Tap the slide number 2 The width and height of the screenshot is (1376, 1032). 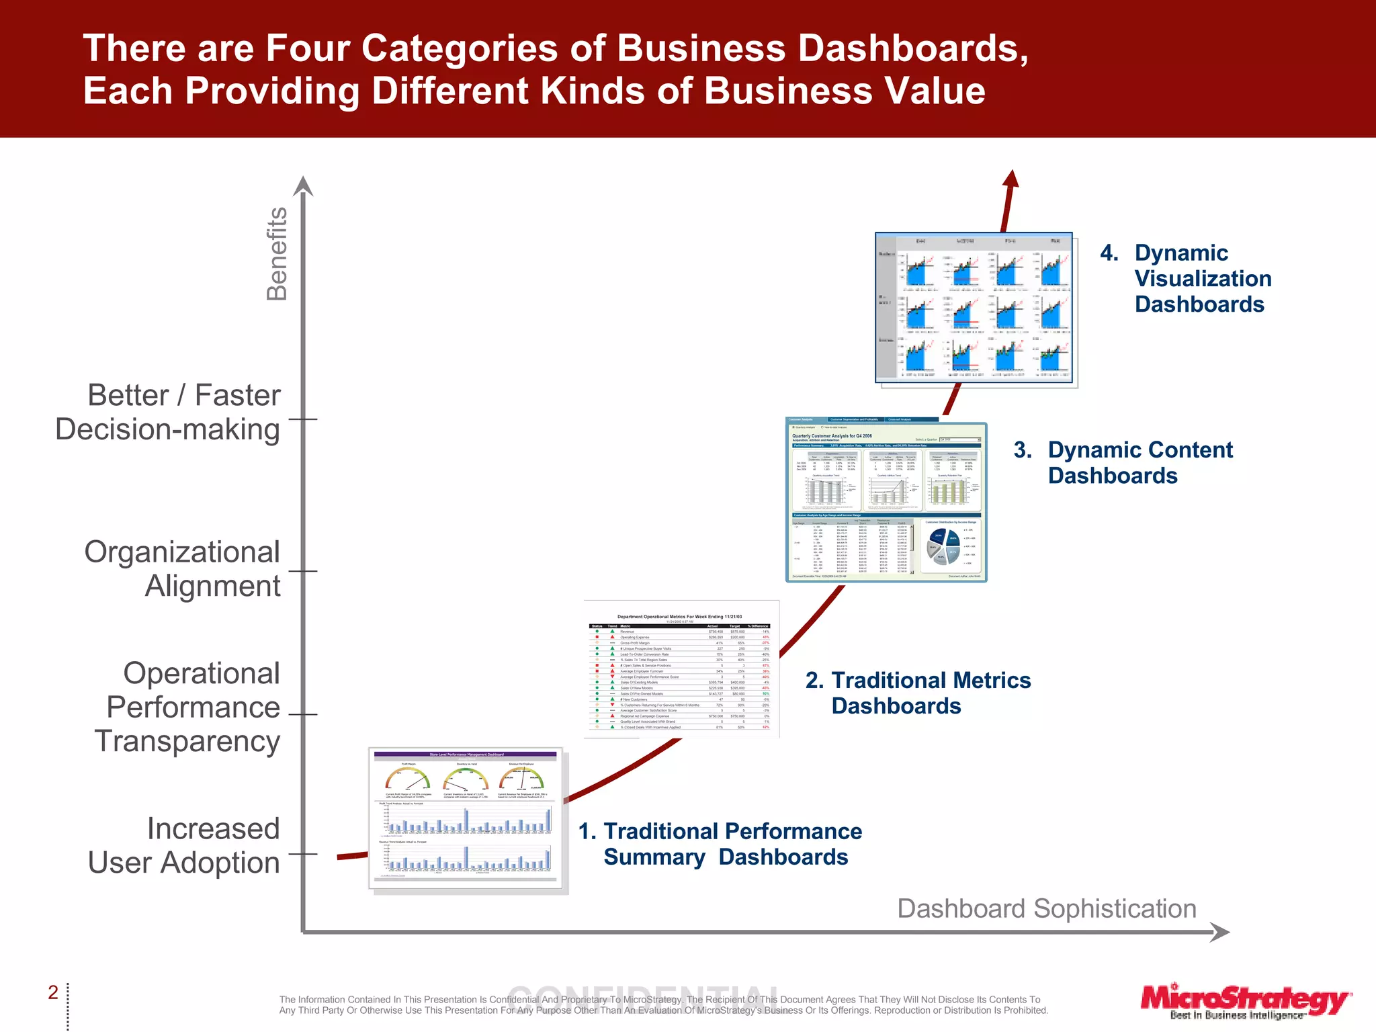tap(53, 992)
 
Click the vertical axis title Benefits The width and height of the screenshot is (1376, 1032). tap(277, 253)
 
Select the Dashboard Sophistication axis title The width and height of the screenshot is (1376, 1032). tap(1047, 908)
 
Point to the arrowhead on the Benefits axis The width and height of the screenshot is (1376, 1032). tap(304, 185)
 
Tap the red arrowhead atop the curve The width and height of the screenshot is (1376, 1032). tap(1011, 178)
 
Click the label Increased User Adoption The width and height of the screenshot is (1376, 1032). tap(183, 845)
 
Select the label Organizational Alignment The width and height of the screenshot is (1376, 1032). tap(182, 568)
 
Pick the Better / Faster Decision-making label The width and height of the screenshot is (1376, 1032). tap(168, 412)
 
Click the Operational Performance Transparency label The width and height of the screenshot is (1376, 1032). tap(187, 707)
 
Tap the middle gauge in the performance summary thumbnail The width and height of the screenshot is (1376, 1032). tap(466, 779)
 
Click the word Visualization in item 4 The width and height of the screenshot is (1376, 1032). tap(1203, 279)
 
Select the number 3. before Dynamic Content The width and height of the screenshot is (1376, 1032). tap(1023, 450)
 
